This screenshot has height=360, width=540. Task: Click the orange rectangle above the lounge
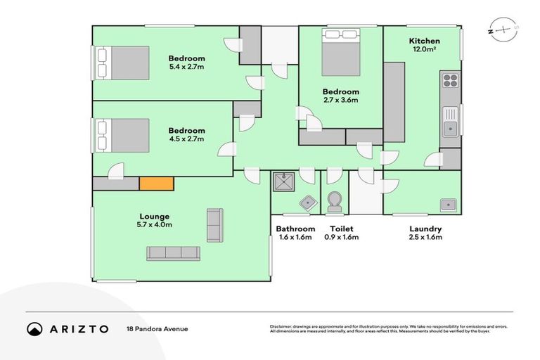pos(156,184)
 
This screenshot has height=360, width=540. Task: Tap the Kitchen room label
pos(425,41)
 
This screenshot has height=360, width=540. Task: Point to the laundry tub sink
pos(447,205)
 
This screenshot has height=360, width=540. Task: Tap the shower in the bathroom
pos(283,181)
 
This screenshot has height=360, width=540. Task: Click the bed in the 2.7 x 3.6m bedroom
pos(341,53)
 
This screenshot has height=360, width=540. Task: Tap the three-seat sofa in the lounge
pos(174,252)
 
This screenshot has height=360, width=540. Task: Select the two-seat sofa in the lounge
pos(214,225)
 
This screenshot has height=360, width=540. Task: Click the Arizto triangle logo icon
pos(35,328)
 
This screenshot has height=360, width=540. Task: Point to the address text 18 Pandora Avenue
pos(157,328)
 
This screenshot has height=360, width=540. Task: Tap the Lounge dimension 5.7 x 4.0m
pos(155,225)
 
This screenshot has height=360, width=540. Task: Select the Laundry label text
pos(425,229)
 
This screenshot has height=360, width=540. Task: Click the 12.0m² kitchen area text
pos(425,51)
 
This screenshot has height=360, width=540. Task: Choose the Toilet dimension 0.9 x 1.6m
pos(341,238)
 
